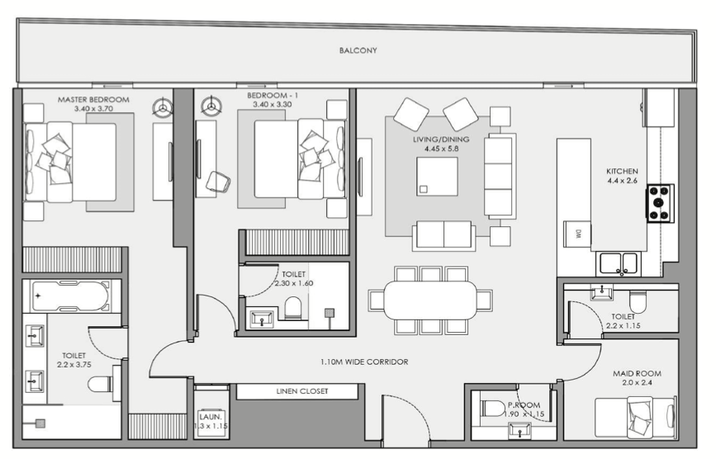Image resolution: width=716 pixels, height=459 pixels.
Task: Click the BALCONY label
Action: [358, 50]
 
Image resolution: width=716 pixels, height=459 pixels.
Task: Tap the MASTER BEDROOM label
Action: [93, 99]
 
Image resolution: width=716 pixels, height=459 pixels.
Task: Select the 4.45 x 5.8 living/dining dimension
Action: [441, 149]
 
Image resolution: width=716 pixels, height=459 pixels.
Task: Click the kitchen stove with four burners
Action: [660, 202]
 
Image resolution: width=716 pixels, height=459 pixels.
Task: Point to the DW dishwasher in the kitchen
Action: [577, 234]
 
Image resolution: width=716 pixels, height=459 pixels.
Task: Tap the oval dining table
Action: [430, 300]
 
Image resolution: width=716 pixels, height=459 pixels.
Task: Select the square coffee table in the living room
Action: [437, 177]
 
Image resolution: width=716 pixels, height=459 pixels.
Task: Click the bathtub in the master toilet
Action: [70, 296]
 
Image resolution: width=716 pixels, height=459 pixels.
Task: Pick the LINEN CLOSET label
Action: [301, 391]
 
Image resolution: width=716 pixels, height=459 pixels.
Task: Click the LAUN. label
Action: [210, 417]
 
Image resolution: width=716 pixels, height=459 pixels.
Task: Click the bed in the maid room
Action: [636, 417]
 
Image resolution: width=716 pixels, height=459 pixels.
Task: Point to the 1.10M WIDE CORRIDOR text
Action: [364, 362]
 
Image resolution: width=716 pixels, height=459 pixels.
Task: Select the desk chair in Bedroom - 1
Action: [218, 182]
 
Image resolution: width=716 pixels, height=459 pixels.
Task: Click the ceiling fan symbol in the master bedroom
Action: [162, 107]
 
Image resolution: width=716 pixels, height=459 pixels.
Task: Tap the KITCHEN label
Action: [622, 171]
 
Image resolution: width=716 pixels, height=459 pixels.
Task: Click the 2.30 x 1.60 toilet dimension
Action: [294, 283]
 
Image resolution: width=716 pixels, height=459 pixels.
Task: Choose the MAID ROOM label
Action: [637, 374]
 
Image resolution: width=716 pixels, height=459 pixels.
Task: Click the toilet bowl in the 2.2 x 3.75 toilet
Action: [101, 384]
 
